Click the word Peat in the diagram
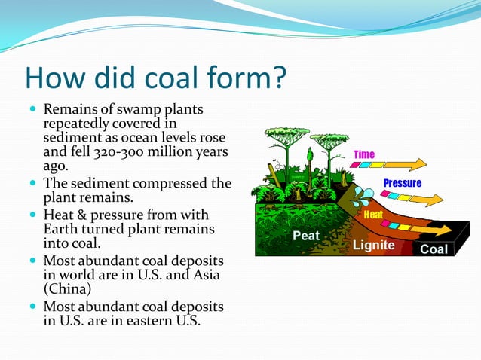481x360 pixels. [306, 236]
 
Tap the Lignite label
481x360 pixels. [373, 246]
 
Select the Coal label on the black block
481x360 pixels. [434, 249]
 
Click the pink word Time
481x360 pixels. [364, 154]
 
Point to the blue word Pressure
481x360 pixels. [402, 183]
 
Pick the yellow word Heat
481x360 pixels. [373, 215]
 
